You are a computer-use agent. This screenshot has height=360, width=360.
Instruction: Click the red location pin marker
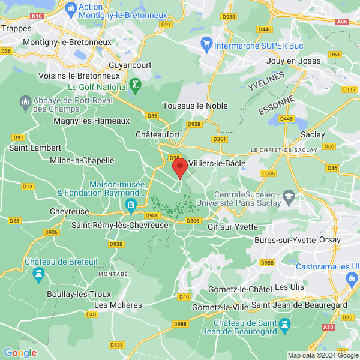179,167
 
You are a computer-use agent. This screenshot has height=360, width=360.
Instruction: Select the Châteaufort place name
158,135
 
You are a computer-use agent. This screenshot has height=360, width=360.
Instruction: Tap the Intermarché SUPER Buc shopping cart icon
206,44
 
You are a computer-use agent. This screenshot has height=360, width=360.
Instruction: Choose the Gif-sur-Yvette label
233,227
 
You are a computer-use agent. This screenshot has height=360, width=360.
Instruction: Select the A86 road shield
343,21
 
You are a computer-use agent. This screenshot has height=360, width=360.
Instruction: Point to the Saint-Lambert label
35,148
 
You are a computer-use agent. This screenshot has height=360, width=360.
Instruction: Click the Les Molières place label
118,305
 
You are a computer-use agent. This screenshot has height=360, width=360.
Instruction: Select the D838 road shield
117,345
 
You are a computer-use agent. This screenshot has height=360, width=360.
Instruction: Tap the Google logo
20,353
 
